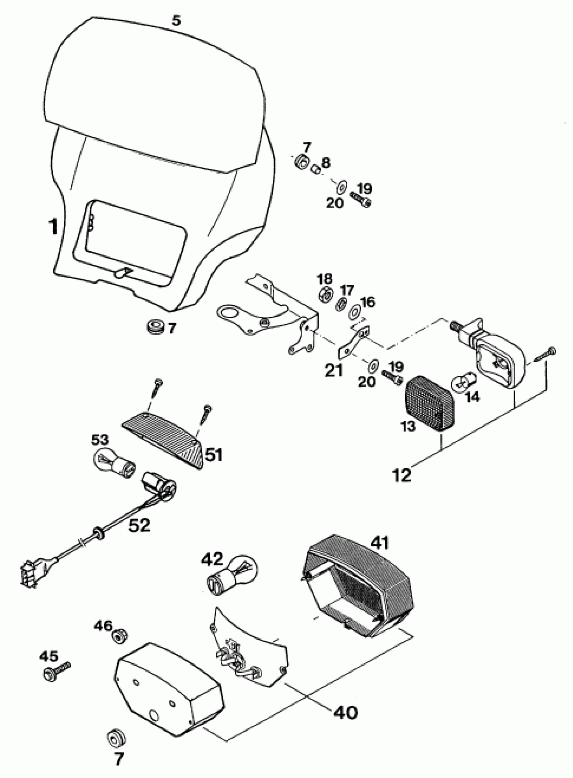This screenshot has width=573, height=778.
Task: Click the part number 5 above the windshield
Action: [x=176, y=21]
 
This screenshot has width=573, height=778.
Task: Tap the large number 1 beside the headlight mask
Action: [x=53, y=226]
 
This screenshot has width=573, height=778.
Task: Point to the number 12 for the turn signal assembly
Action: [x=402, y=475]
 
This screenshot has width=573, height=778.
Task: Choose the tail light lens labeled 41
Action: [x=361, y=587]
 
